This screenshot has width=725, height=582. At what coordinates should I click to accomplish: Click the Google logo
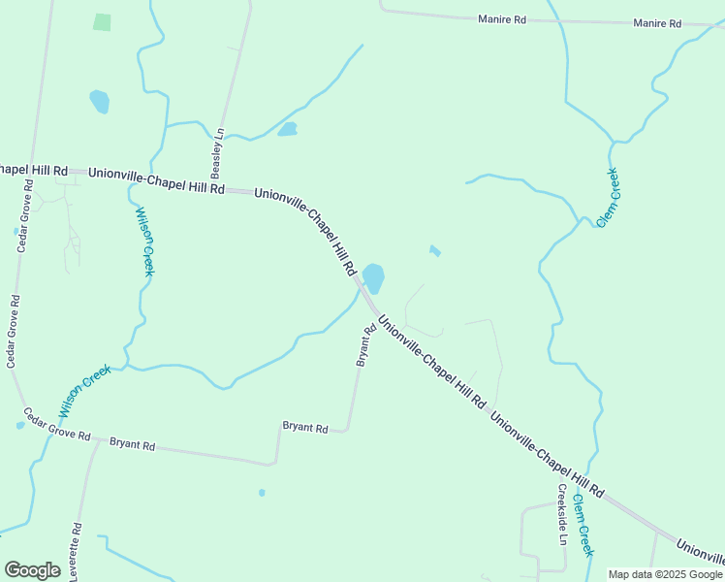click(x=32, y=570)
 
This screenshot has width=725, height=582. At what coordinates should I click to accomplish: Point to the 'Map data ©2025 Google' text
click(x=665, y=574)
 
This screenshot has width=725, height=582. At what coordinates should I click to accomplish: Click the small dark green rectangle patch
click(x=102, y=21)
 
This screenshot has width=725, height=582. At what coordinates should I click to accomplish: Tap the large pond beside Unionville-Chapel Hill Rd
click(x=373, y=277)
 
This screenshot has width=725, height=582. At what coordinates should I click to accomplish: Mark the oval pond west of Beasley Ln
click(x=99, y=100)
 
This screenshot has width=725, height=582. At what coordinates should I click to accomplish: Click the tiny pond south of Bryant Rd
click(x=262, y=493)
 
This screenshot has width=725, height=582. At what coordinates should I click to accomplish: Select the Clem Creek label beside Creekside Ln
click(x=583, y=525)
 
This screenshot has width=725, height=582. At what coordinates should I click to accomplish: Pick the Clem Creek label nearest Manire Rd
click(x=608, y=198)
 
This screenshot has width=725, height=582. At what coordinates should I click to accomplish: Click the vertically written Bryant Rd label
click(x=364, y=345)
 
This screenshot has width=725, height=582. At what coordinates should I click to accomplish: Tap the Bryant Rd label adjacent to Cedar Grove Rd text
click(x=132, y=444)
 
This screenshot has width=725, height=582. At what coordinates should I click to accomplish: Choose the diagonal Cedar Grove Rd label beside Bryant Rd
click(x=56, y=424)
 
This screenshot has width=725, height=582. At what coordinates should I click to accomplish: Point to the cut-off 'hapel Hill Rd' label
click(x=33, y=170)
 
